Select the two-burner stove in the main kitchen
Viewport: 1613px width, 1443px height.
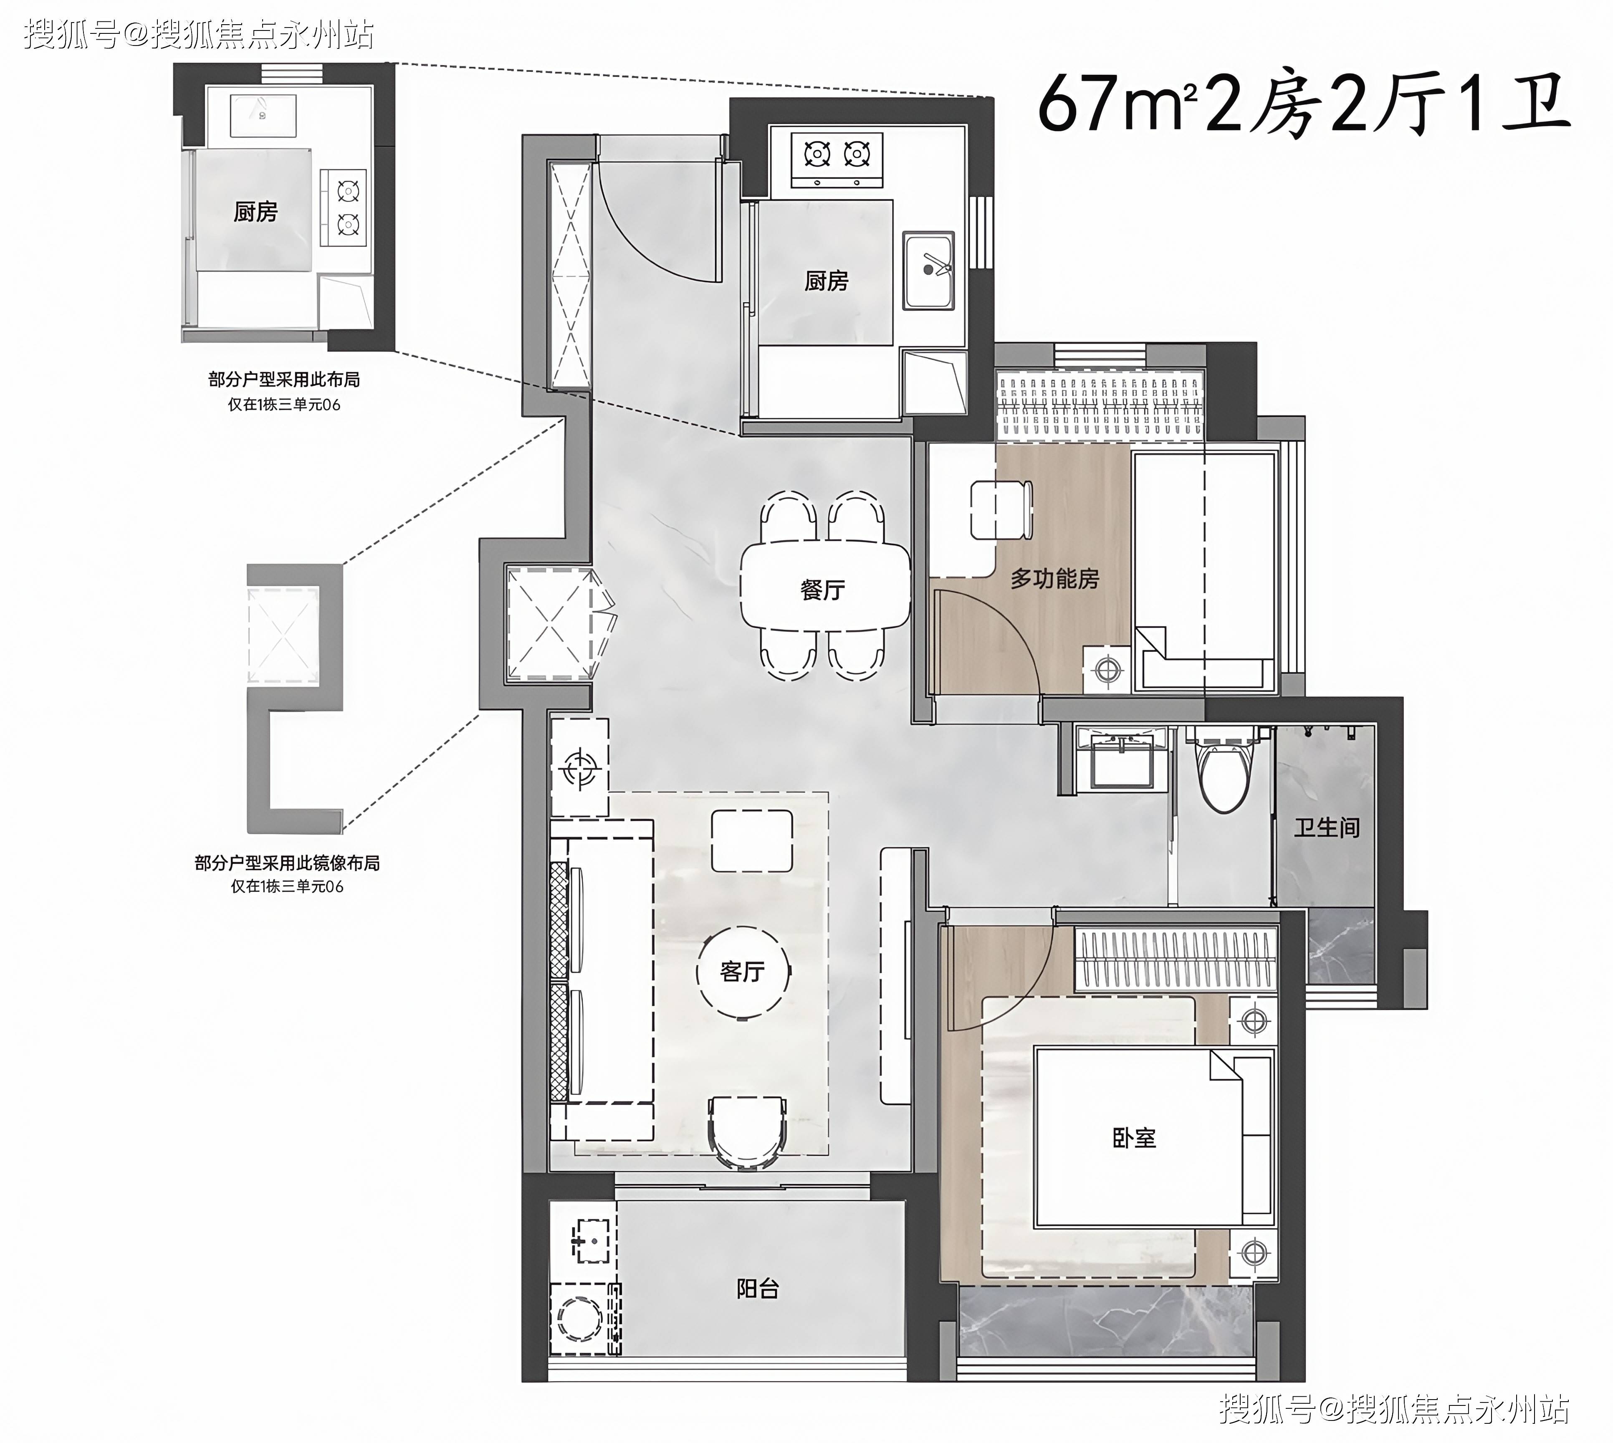click(837, 160)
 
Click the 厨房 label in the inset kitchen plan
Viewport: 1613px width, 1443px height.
click(255, 212)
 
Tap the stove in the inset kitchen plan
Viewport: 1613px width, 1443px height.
click(344, 208)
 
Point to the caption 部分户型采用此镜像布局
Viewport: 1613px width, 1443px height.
click(287, 863)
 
